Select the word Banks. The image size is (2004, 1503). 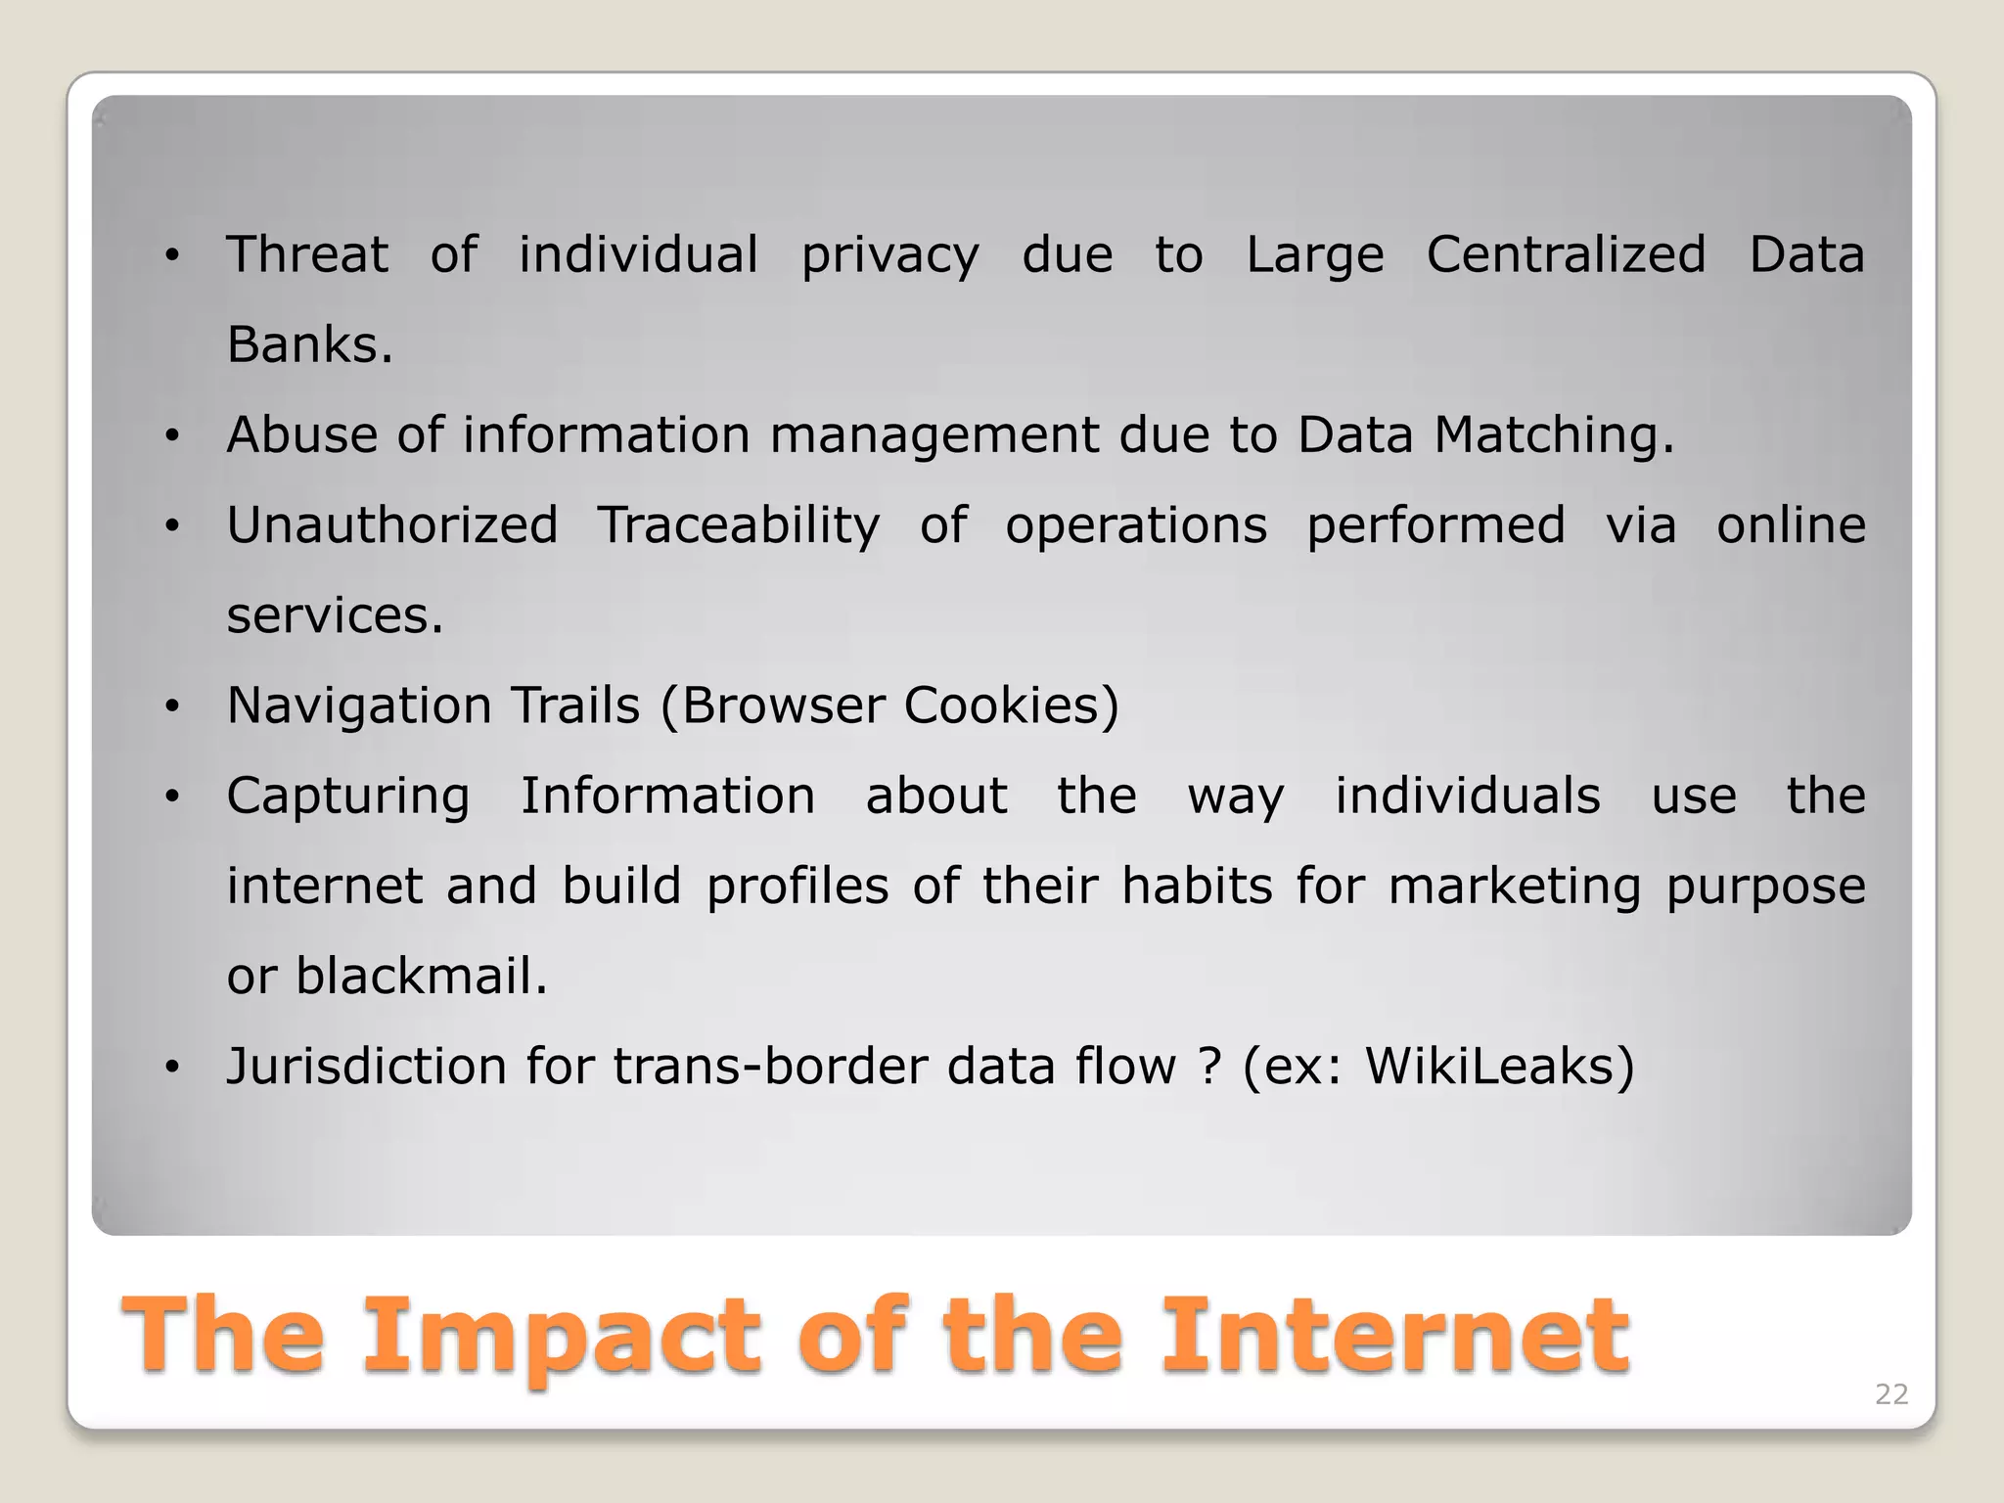coord(309,344)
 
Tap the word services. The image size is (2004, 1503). coord(335,615)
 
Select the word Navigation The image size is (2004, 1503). coord(358,706)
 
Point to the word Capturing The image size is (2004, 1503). coord(348,796)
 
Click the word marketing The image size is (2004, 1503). coord(1514,886)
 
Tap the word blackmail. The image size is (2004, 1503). coord(422,976)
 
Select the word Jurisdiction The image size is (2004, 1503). coord(366,1066)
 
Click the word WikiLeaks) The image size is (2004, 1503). coord(1499,1066)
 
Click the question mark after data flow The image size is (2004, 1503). coord(1209,1066)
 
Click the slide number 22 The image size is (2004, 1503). coord(1890,1394)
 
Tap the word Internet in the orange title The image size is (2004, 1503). coord(1393,1335)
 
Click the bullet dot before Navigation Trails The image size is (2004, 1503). coord(173,707)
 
